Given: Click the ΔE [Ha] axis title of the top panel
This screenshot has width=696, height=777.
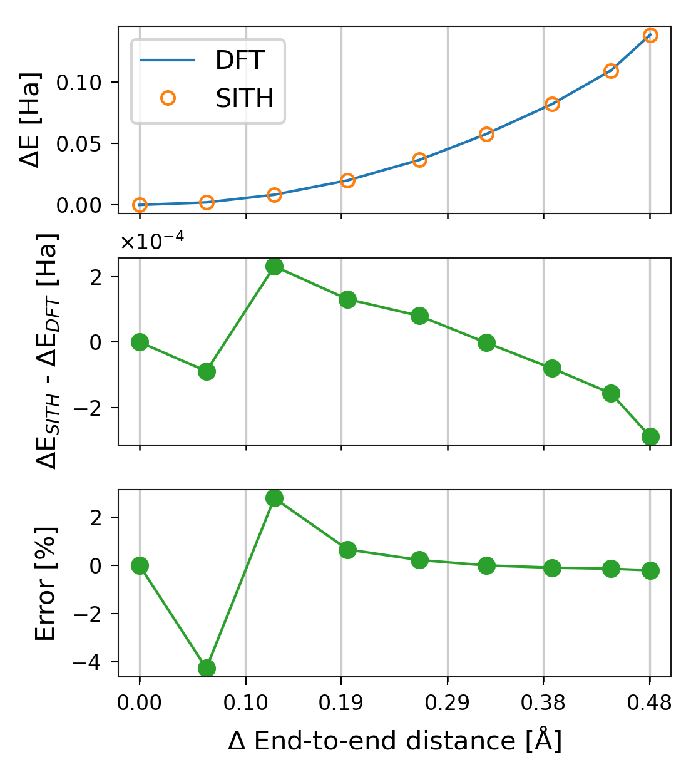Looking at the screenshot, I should (x=30, y=120).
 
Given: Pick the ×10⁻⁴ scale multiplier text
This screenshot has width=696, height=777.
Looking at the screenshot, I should (x=152, y=242).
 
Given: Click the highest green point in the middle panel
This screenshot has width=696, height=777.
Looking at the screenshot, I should (x=274, y=266).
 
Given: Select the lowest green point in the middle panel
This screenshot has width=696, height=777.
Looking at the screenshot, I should (x=650, y=436).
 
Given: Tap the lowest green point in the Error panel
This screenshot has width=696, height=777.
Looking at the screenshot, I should (x=207, y=668).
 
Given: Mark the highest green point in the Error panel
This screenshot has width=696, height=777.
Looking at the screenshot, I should (x=274, y=498).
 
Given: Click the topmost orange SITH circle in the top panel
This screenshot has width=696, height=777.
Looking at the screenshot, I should (x=650, y=35).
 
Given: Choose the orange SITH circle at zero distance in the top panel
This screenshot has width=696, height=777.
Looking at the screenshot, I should (x=140, y=205).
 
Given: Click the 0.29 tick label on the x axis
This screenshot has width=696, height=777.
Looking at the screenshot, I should (x=447, y=703).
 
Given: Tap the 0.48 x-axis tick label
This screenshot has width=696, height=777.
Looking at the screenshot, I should (x=650, y=703).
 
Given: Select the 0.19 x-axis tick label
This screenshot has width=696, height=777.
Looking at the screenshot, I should (x=340, y=703).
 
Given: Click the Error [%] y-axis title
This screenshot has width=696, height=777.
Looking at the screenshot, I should (x=45, y=583).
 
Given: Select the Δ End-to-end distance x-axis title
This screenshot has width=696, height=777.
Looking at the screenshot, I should (x=394, y=741).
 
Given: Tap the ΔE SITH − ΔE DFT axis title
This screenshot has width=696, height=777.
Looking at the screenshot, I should (x=48, y=351).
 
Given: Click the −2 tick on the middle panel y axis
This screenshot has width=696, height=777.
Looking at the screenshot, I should (x=91, y=408).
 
